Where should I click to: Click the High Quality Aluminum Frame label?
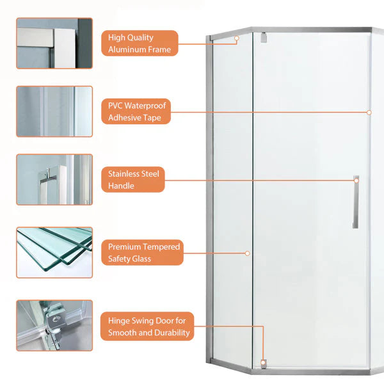pos(140,44)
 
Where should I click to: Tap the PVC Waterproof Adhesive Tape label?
pos(136,111)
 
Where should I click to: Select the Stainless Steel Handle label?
pos(133,179)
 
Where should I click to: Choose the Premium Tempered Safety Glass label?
pos(142,253)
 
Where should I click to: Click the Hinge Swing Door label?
pos(147,326)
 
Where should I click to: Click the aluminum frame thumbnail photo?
pos(54,43)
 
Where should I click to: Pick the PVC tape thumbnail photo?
pos(54,111)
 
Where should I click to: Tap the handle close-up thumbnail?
pos(54,179)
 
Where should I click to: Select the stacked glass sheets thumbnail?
pos(54,253)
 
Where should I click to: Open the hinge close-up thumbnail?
pos(54,326)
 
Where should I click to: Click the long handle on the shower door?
pos(356,202)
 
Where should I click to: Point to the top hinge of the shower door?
pos(264,38)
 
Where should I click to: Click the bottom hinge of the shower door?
pos(264,364)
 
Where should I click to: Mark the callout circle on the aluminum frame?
pos(237,38)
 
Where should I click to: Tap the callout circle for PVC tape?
pos(369,113)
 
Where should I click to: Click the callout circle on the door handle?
pos(356,180)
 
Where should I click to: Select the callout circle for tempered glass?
pos(247,253)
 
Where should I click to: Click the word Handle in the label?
pos(121,186)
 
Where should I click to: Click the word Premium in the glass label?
pos(124,246)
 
